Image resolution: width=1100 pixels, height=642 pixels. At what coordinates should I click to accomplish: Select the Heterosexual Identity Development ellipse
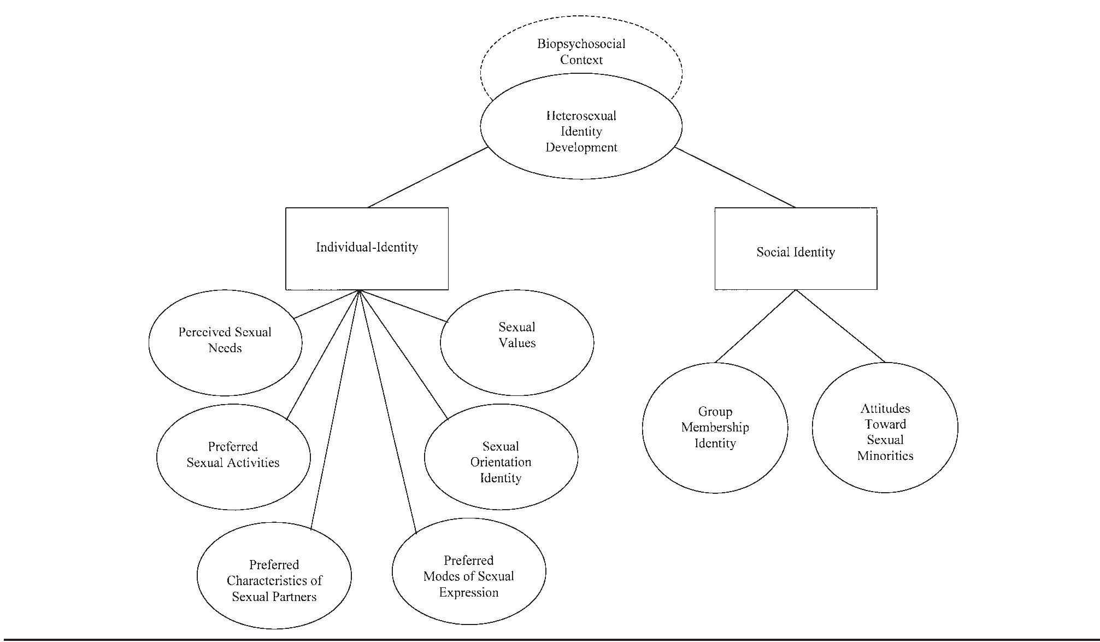point(581,131)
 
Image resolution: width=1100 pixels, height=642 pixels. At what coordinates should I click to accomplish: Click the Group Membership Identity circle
point(715,428)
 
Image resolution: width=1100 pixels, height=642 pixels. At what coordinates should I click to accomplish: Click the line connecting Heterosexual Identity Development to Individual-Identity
point(428,177)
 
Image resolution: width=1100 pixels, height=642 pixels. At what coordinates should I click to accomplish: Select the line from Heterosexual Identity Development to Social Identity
point(735,177)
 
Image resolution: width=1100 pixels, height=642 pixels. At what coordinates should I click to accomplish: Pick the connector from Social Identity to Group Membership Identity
point(756,326)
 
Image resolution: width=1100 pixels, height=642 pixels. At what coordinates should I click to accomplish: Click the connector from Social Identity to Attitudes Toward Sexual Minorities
point(840,326)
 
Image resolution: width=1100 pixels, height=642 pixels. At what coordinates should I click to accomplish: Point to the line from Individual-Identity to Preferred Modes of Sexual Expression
point(388,411)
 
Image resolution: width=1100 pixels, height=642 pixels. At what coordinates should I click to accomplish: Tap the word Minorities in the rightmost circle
point(885,456)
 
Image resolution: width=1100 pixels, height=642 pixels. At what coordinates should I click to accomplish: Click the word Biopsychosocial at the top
point(581,44)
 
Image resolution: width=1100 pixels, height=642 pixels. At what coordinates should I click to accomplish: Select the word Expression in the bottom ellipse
point(468,592)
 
